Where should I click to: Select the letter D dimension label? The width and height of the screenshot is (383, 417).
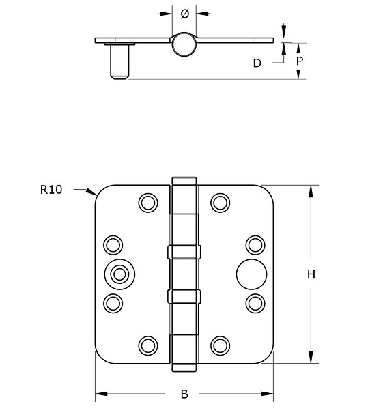click(x=257, y=63)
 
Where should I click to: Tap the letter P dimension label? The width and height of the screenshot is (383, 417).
click(x=299, y=61)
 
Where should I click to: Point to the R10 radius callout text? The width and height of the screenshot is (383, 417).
click(x=51, y=190)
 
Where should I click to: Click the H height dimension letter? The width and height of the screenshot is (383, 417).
click(x=311, y=275)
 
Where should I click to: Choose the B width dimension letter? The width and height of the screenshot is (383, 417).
click(x=184, y=394)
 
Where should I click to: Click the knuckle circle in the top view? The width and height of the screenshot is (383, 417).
click(x=184, y=45)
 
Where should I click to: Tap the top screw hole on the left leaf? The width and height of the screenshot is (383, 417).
click(x=147, y=202)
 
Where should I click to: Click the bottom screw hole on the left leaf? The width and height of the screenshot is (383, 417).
click(x=147, y=345)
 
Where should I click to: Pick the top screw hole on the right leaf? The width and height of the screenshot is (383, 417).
click(x=220, y=202)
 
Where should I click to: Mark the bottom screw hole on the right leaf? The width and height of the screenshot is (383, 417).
click(x=220, y=345)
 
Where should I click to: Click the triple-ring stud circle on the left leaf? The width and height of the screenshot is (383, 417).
click(x=119, y=274)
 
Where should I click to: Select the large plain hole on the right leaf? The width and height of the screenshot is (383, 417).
click(x=246, y=274)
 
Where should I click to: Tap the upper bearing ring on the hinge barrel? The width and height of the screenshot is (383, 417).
click(x=184, y=252)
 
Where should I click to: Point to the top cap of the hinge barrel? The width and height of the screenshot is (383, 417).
click(x=184, y=181)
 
